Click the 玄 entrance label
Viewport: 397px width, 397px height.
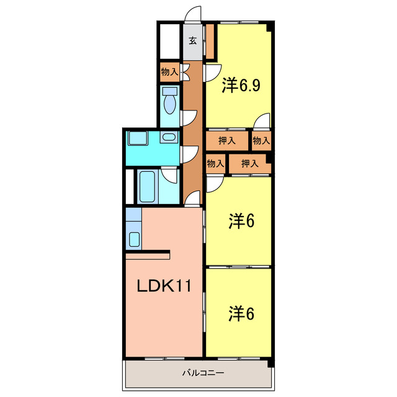click(x=192, y=42)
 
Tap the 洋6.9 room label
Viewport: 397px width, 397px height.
click(x=241, y=85)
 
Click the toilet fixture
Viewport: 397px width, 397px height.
click(x=169, y=100)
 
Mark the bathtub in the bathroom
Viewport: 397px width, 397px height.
click(x=147, y=186)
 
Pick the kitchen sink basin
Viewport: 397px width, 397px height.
click(x=133, y=239)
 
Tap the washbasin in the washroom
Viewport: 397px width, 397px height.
click(x=168, y=137)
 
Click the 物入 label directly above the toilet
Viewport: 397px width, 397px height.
click(x=169, y=72)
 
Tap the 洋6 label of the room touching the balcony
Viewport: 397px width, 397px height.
click(x=242, y=313)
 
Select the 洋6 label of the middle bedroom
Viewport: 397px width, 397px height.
click(x=242, y=221)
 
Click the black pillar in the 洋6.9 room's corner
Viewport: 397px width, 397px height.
click(x=269, y=27)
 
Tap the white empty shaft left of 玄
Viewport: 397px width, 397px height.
click(x=168, y=41)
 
